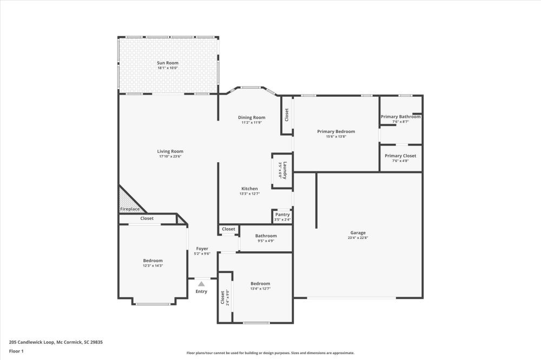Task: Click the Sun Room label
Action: (168, 63)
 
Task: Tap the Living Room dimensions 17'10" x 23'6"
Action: (170, 157)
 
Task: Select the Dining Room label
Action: (252, 118)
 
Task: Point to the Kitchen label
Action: (249, 189)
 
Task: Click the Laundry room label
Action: (285, 170)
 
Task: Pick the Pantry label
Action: (282, 215)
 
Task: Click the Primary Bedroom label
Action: (336, 131)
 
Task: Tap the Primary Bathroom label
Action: (400, 117)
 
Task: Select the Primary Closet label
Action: (400, 156)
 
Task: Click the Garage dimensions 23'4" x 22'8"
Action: (358, 238)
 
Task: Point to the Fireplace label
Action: (130, 209)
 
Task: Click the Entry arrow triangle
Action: (201, 284)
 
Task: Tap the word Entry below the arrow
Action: (201, 291)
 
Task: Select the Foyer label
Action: (202, 249)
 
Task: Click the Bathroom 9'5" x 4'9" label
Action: (266, 236)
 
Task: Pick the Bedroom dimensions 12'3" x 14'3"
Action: (153, 266)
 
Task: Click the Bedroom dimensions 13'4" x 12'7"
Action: (261, 289)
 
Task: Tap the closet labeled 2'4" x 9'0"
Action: (225, 297)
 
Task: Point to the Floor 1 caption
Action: (16, 351)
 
